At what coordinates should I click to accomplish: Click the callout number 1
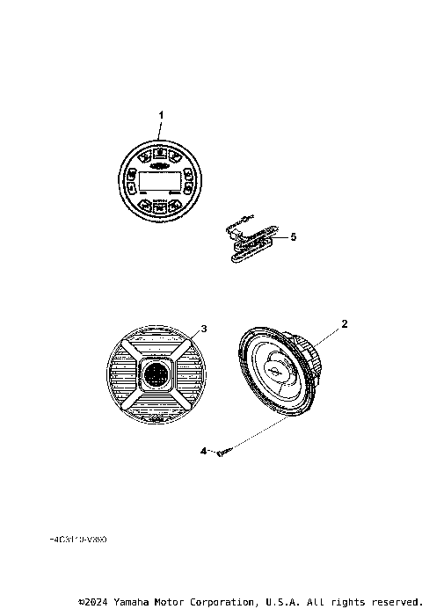click(x=160, y=115)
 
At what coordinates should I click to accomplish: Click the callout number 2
click(x=345, y=323)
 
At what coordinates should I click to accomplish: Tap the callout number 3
click(x=204, y=329)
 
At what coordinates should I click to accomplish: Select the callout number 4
click(x=202, y=451)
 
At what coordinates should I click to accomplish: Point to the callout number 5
click(x=295, y=236)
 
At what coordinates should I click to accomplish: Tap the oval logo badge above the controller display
click(x=160, y=164)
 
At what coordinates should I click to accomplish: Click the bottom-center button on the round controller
click(x=160, y=207)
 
